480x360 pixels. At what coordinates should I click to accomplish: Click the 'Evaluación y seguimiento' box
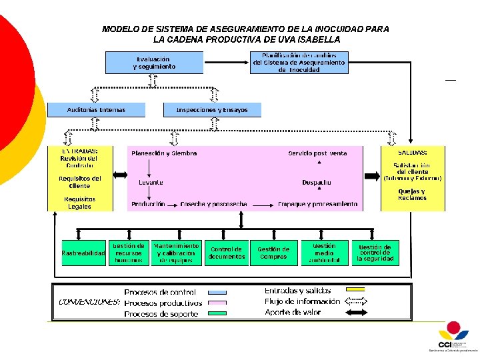(x=154, y=63)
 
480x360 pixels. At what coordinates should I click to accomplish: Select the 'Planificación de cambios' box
(x=299, y=63)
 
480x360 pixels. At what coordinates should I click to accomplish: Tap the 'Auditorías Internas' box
(x=96, y=110)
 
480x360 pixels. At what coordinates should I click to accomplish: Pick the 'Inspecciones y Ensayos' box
(x=212, y=110)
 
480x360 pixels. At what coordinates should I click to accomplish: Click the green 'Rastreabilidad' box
(x=83, y=253)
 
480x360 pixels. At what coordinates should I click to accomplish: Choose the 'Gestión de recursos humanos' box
(x=129, y=253)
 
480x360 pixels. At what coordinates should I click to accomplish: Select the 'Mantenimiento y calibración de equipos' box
(x=176, y=253)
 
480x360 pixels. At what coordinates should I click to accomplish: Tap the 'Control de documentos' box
(x=227, y=253)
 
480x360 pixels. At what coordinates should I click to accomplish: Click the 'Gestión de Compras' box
(x=273, y=253)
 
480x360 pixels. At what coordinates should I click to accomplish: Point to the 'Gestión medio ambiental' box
(x=324, y=253)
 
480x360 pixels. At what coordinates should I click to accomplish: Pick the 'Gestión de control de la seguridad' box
(x=375, y=253)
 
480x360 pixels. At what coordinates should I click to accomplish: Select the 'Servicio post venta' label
(x=317, y=153)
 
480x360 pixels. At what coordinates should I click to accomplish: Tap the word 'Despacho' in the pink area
(x=317, y=182)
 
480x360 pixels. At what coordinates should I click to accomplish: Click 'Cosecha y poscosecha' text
(x=213, y=204)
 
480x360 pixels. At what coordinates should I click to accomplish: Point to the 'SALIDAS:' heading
(x=413, y=151)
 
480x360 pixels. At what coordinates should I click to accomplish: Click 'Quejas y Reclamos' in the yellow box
(x=412, y=195)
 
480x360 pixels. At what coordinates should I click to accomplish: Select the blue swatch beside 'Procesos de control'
(x=217, y=293)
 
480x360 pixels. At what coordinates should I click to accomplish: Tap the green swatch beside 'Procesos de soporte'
(x=217, y=313)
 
